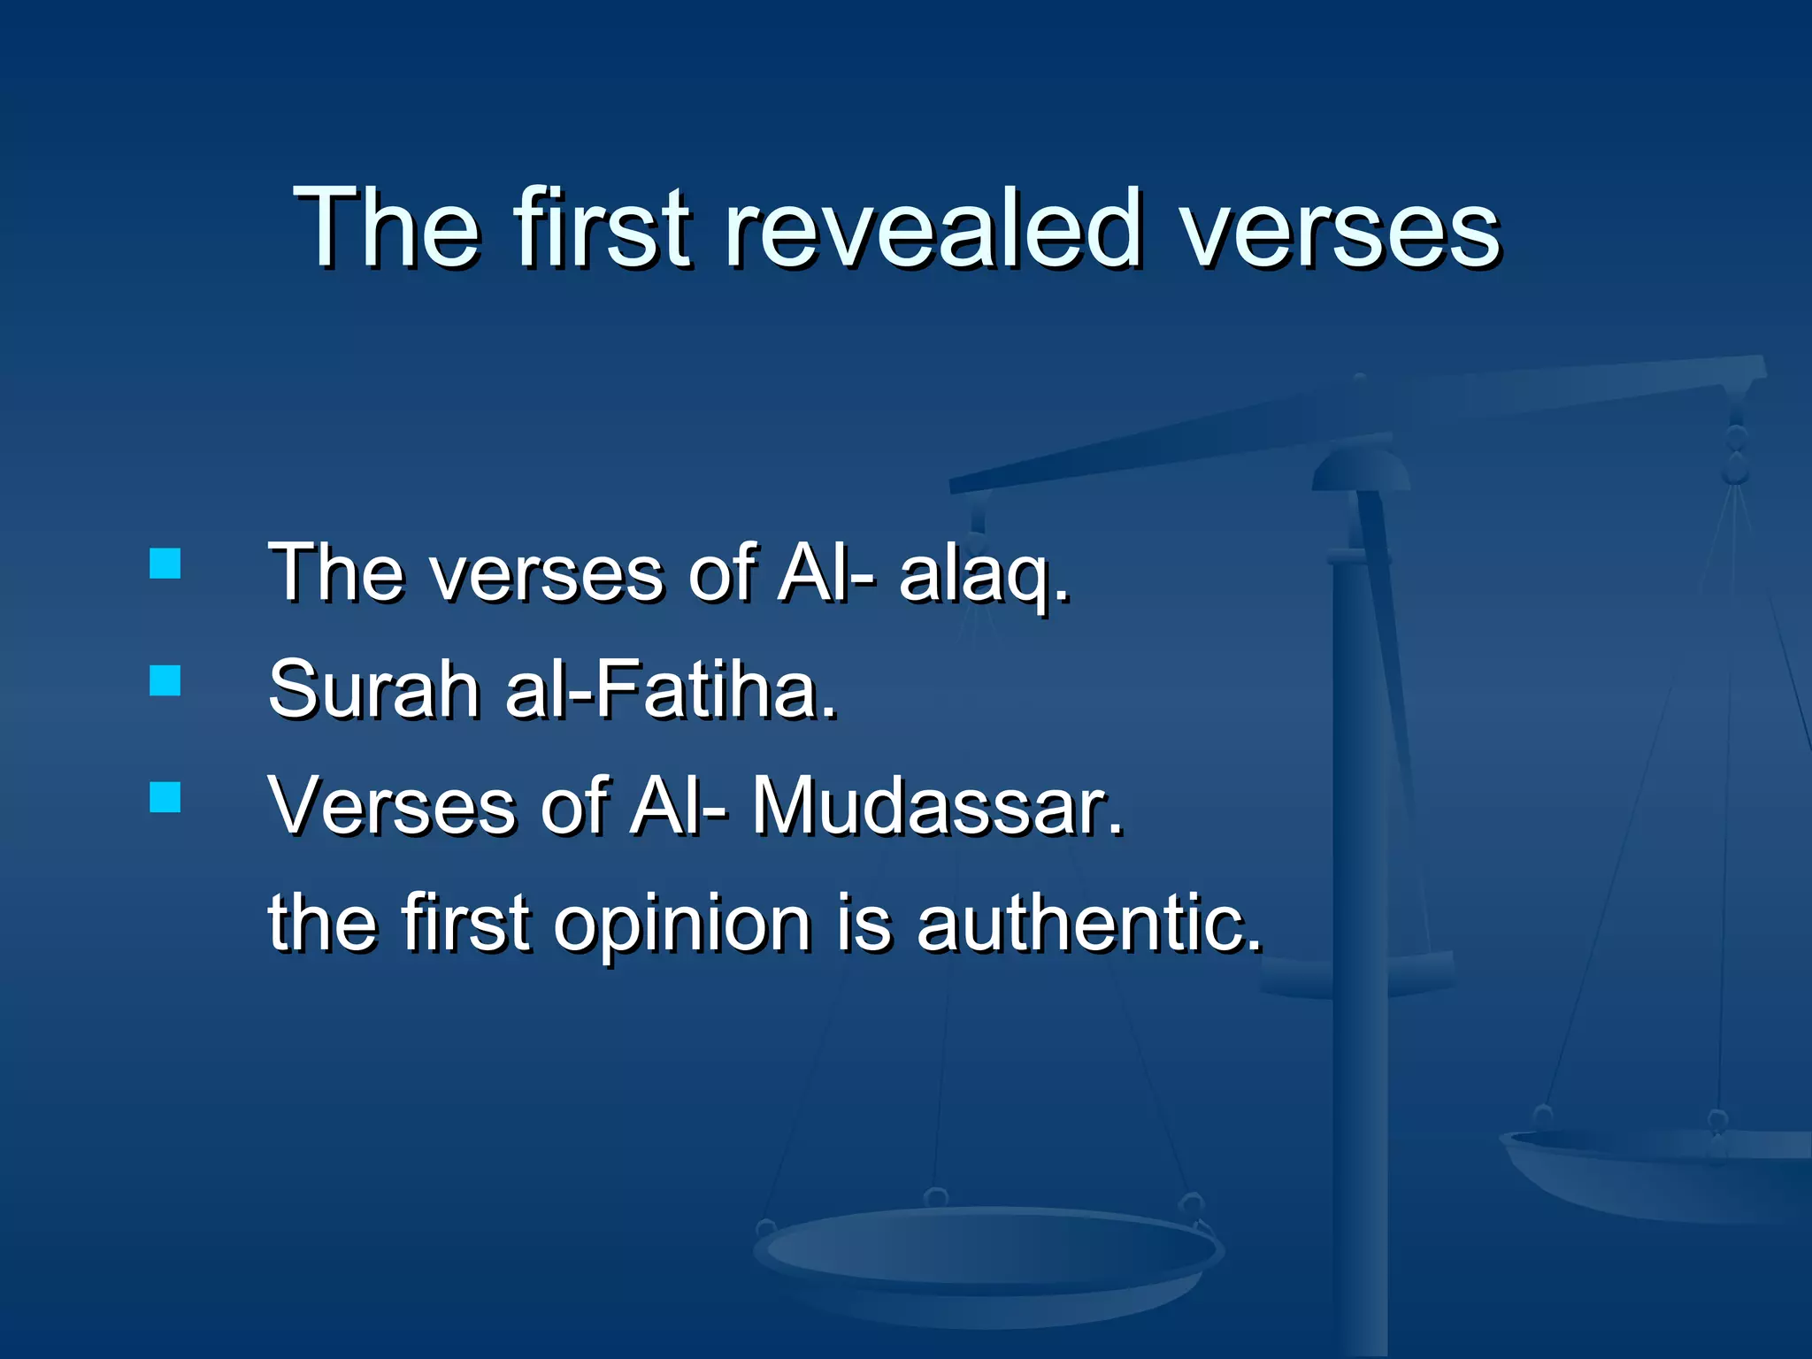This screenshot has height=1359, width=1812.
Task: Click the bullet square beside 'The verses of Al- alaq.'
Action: [x=165, y=564]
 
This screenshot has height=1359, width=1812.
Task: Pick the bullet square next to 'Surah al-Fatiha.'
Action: [x=165, y=681]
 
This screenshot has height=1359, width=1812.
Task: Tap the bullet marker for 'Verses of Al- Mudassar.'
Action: [x=165, y=797]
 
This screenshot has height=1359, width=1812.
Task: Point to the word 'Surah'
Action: [x=373, y=690]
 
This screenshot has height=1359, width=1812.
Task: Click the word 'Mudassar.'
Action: [x=938, y=807]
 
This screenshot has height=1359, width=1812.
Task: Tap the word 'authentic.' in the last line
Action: [x=1089, y=924]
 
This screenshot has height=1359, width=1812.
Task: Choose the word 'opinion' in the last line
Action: [x=682, y=925]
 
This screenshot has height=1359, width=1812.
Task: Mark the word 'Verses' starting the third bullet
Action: [x=392, y=807]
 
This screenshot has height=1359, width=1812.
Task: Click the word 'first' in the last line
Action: [x=465, y=924]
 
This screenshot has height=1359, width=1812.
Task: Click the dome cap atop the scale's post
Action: [x=1361, y=469]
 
